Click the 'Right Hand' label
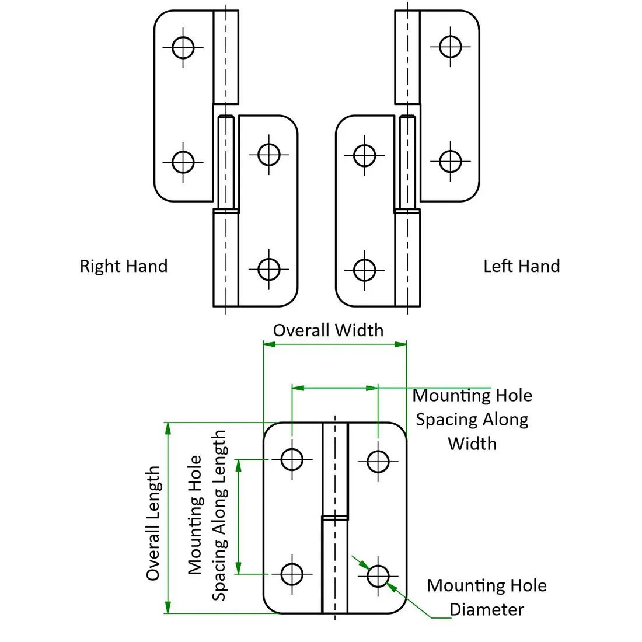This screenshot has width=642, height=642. coord(123,266)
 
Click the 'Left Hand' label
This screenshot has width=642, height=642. coord(521,266)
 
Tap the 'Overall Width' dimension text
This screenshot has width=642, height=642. coord(328,330)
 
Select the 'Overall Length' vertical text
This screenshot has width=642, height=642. coord(153,523)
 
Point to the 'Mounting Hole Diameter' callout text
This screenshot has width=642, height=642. coord(487,598)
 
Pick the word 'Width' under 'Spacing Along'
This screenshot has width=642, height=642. coord(472,444)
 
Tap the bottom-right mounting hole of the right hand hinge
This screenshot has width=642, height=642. coord(268,269)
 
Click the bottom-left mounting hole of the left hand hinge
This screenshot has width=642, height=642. coord(365,270)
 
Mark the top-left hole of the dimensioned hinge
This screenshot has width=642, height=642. coord(292,459)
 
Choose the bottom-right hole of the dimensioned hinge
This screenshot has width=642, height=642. coord(378,576)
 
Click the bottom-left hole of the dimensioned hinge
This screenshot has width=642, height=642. coord(292,574)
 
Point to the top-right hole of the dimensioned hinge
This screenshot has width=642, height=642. coord(378,461)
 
